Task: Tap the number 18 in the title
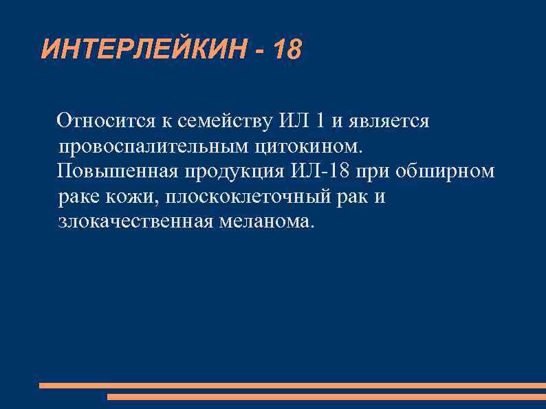(287, 49)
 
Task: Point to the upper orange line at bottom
(292, 386)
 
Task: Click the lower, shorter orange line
(327, 397)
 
